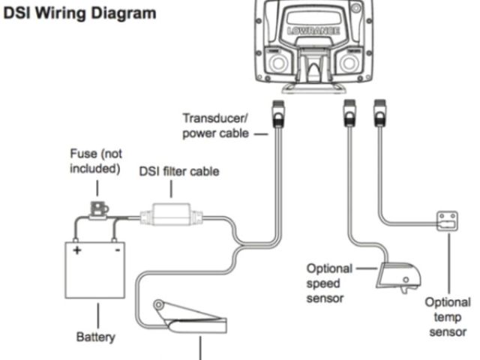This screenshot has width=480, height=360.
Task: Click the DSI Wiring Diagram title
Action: (x=82, y=13)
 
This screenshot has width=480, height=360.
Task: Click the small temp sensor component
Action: (x=447, y=221)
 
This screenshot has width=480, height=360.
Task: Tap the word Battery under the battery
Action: (x=95, y=337)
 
